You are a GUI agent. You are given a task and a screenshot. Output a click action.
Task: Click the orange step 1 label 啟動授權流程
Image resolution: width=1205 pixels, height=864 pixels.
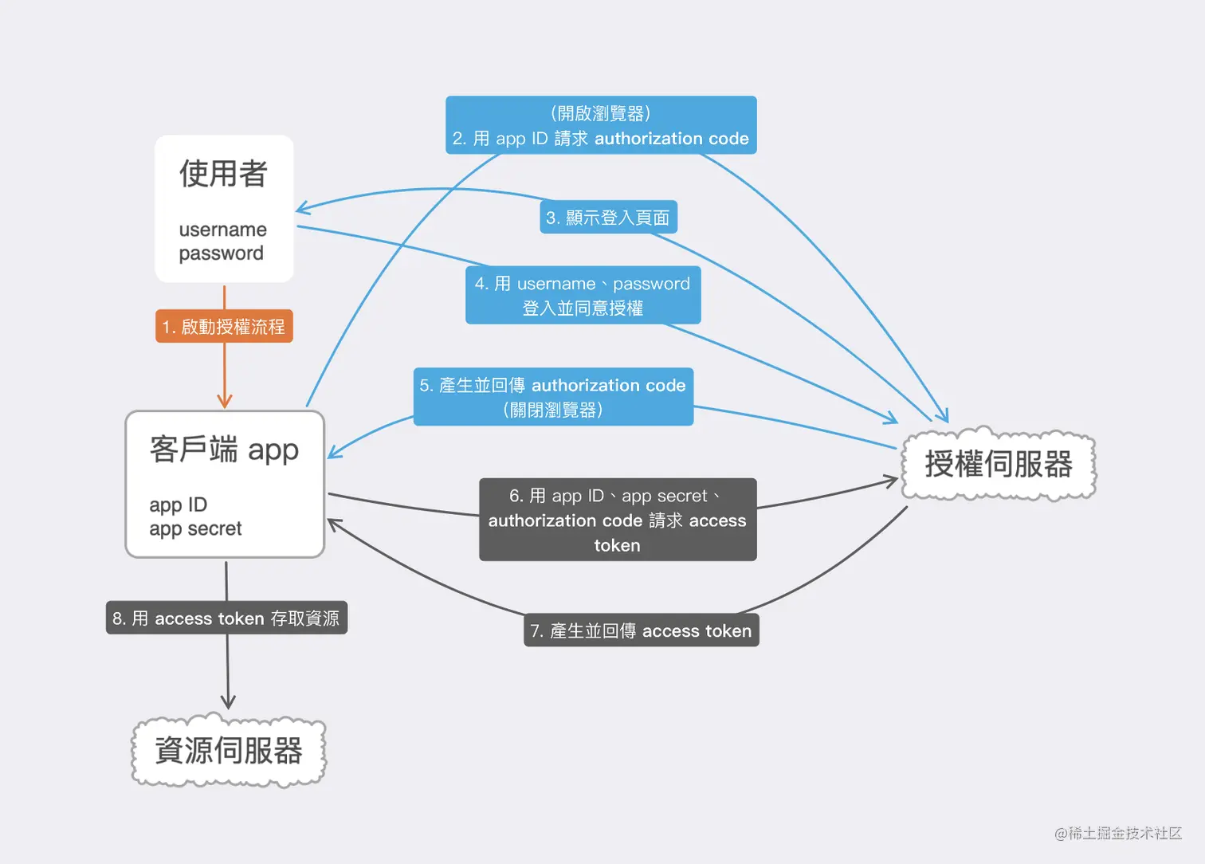(x=224, y=326)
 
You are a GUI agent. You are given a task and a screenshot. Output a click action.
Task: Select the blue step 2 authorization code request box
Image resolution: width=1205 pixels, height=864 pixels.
(x=601, y=125)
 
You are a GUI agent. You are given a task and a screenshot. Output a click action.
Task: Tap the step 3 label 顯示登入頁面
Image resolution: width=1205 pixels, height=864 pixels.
(x=608, y=217)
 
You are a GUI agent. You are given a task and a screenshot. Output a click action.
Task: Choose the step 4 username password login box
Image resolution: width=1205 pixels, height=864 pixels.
(x=583, y=295)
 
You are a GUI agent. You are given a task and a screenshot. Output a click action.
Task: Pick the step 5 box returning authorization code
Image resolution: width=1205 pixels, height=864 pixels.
(x=553, y=396)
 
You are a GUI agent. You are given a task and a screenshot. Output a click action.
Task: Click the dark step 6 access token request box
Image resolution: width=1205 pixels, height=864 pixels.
(x=618, y=520)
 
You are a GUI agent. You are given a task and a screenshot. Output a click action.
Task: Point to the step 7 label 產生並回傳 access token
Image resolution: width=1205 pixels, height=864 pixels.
(x=641, y=630)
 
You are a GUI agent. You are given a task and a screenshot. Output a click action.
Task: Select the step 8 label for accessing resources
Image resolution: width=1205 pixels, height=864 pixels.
(x=226, y=618)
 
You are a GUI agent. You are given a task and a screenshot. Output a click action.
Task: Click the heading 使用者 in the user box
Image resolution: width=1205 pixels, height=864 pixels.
(x=223, y=174)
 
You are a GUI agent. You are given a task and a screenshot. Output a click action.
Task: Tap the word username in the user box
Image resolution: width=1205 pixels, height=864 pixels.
(x=223, y=230)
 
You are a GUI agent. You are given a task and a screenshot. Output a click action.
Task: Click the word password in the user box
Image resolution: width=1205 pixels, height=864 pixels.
(x=221, y=253)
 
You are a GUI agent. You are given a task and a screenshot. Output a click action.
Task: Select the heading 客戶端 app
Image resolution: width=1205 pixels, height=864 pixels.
(x=224, y=450)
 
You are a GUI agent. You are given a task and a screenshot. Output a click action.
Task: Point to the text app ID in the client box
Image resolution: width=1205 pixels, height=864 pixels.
(x=179, y=505)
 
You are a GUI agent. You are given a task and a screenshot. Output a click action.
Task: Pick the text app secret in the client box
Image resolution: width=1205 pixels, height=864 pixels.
(x=195, y=528)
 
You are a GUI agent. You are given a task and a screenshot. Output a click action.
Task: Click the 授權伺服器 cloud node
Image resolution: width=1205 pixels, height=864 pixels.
(x=999, y=464)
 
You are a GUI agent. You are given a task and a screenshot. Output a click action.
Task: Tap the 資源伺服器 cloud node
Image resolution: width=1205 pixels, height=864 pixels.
(x=229, y=750)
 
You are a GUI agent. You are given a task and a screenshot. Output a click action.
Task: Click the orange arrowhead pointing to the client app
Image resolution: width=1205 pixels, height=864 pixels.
(x=225, y=401)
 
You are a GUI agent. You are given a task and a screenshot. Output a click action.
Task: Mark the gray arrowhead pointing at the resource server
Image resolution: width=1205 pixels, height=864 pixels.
(x=228, y=702)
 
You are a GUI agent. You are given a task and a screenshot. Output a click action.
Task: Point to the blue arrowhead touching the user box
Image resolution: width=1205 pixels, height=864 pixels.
(x=302, y=210)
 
